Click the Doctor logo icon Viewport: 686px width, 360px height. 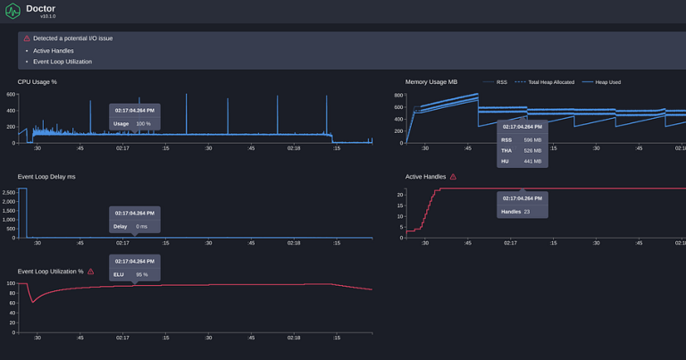[13, 12]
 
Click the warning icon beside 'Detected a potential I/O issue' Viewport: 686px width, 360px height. [27, 38]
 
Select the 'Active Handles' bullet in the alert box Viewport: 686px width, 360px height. [50, 50]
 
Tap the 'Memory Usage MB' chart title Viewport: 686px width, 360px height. [431, 82]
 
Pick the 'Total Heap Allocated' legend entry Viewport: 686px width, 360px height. [545, 82]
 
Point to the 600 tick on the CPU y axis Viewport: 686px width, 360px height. [12, 94]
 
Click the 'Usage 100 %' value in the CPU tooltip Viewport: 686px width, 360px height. [132, 124]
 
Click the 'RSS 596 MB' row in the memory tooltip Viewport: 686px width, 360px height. [522, 140]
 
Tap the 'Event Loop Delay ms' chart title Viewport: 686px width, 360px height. [46, 177]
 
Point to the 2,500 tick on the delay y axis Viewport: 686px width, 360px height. [9, 192]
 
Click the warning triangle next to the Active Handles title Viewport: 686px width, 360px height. [453, 177]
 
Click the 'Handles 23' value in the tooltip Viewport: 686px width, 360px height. [516, 212]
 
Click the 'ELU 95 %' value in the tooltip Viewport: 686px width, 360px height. [130, 274]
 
